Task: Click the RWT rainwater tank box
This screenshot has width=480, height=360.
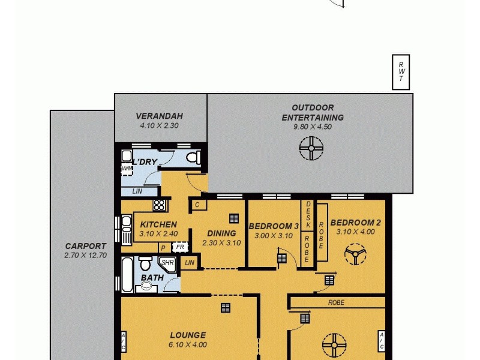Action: (x=401, y=73)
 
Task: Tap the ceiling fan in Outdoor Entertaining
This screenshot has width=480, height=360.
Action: (x=311, y=148)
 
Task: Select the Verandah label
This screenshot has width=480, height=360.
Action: (x=159, y=116)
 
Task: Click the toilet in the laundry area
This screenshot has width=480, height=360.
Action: (x=193, y=157)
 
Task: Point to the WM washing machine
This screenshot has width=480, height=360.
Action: (x=127, y=169)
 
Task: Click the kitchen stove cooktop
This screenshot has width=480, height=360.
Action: (x=160, y=205)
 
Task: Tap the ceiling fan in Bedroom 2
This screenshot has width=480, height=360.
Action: (x=355, y=256)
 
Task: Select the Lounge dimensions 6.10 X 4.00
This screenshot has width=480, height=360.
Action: (x=188, y=344)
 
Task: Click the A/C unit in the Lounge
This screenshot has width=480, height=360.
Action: (x=123, y=342)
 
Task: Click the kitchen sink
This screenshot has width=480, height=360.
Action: (x=127, y=230)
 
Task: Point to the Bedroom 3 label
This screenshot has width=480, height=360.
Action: (x=274, y=226)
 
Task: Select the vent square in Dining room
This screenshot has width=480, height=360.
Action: (x=233, y=218)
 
